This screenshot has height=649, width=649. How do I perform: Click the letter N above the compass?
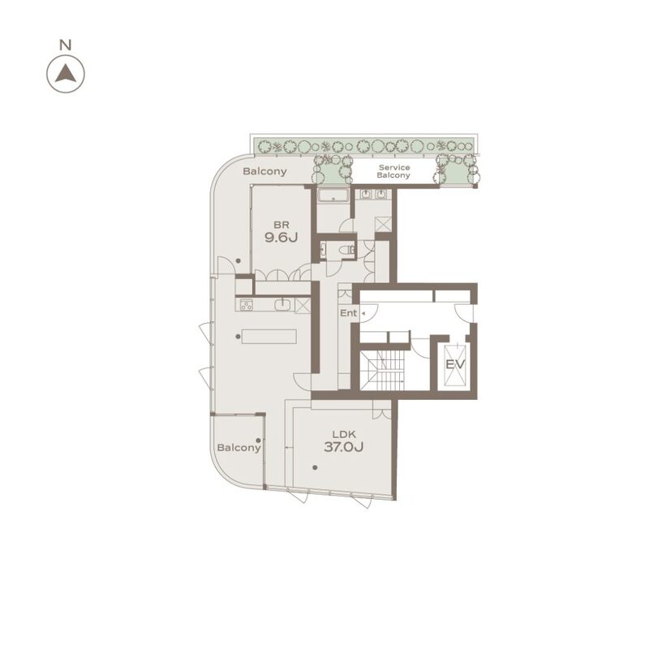click(x=66, y=45)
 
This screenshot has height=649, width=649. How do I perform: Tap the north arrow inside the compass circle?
click(x=66, y=74)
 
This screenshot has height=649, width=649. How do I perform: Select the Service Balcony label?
click(x=393, y=171)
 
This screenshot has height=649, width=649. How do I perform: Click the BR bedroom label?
click(x=282, y=226)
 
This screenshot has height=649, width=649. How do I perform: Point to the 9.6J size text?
click(x=281, y=238)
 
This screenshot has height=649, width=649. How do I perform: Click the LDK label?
click(x=344, y=434)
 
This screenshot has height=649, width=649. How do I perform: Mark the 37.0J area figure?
click(x=343, y=447)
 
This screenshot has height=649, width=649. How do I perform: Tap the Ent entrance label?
click(x=348, y=313)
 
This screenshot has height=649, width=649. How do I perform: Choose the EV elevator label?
click(x=455, y=364)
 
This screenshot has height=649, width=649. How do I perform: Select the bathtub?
click(x=333, y=195)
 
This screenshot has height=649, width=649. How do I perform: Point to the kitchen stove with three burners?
click(x=247, y=305)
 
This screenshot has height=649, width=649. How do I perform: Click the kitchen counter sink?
click(x=282, y=305)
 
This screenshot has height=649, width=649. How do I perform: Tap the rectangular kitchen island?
click(x=269, y=336)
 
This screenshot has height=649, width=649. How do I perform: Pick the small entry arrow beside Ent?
click(x=363, y=314)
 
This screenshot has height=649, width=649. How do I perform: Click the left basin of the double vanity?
click(x=366, y=194)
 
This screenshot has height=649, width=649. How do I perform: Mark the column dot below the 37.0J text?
click(x=315, y=468)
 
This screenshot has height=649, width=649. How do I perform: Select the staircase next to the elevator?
click(x=381, y=371)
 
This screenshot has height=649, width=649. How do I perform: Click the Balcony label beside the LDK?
click(x=239, y=448)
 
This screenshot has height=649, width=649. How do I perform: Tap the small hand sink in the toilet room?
click(x=323, y=250)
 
